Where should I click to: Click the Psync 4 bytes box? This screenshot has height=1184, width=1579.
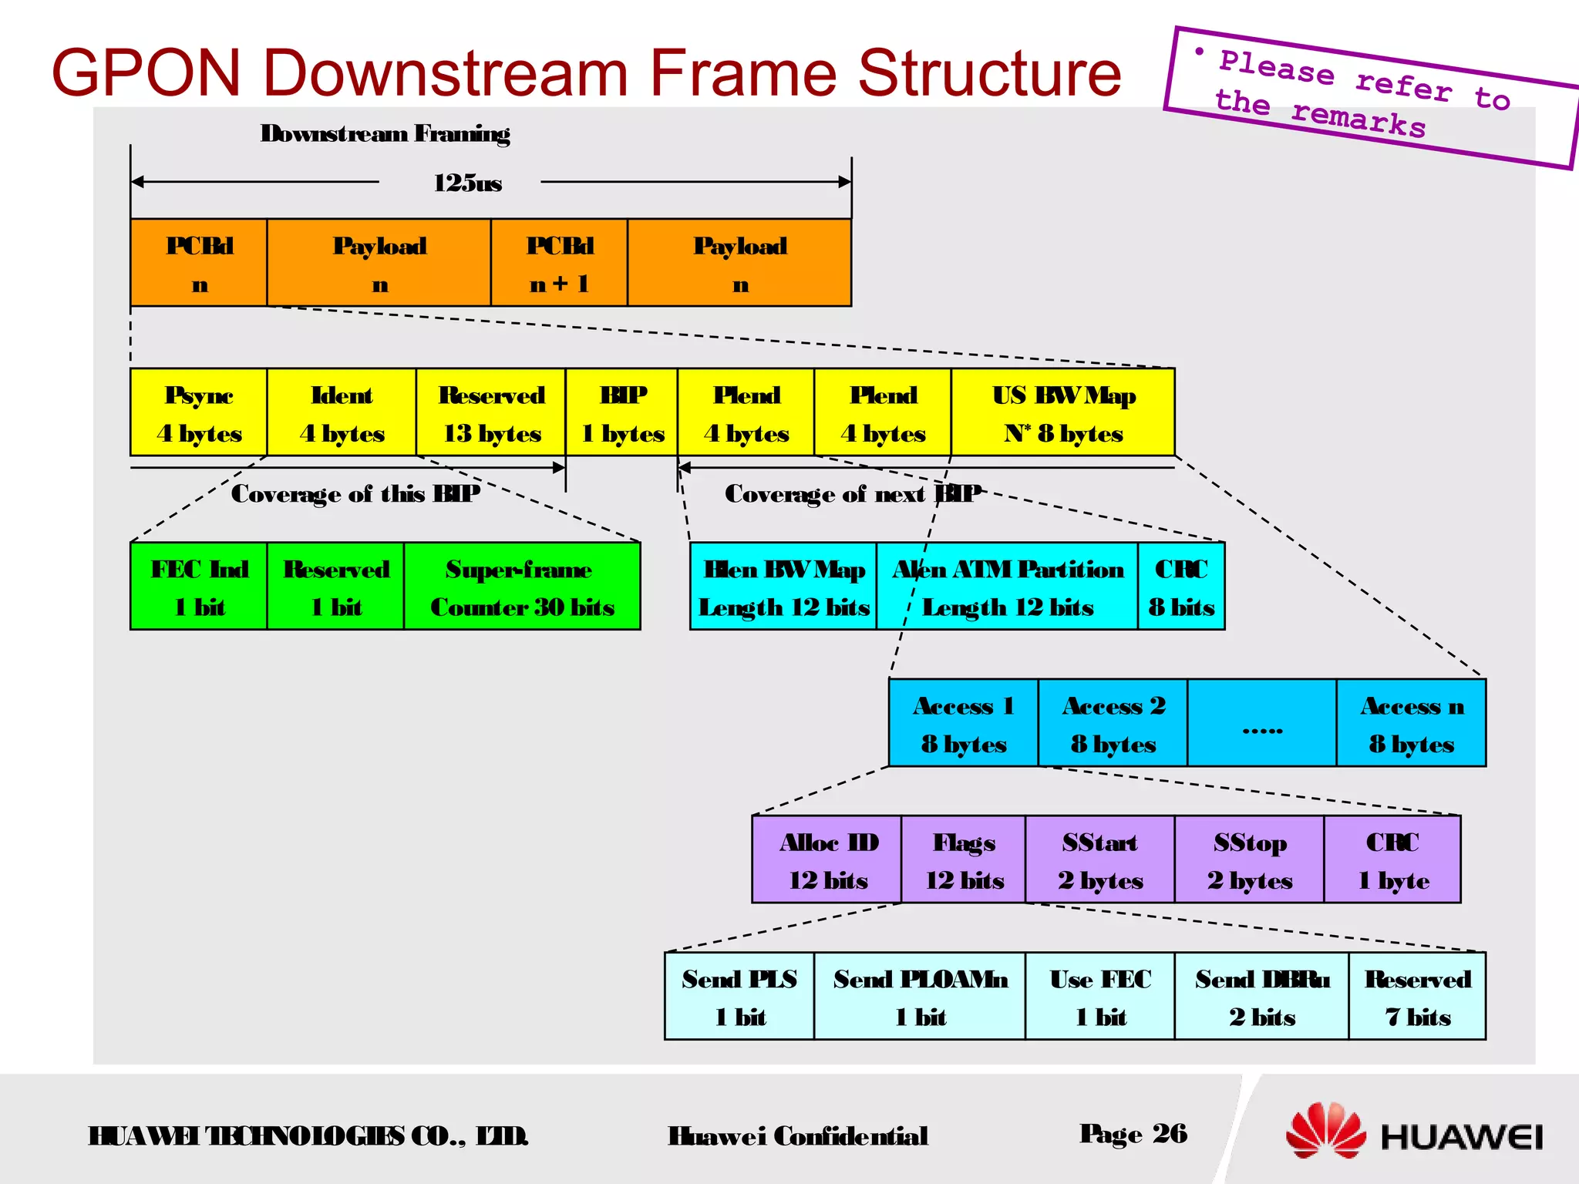(x=199, y=413)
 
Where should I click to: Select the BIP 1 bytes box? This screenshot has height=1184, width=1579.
(x=621, y=413)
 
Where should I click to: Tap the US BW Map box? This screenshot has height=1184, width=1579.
(x=1062, y=413)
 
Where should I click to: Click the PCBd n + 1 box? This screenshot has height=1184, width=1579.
(x=559, y=263)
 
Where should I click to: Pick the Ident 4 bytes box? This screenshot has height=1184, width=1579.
(x=342, y=413)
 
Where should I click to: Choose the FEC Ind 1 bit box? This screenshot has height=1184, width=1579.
(x=199, y=587)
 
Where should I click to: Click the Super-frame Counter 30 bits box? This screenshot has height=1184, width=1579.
(x=522, y=587)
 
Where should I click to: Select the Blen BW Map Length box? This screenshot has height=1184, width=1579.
(x=783, y=587)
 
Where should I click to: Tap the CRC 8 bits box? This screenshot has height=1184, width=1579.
(x=1180, y=587)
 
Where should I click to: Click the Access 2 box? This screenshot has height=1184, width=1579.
(x=1113, y=723)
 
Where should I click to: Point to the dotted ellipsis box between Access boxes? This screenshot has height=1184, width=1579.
(x=1261, y=723)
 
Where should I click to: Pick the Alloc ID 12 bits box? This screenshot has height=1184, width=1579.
(x=827, y=859)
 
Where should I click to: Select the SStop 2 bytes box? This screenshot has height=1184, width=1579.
(x=1249, y=859)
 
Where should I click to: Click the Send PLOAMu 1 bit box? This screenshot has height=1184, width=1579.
(x=919, y=997)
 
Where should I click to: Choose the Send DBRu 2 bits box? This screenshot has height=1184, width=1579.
(x=1261, y=997)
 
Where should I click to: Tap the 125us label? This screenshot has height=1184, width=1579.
(x=467, y=183)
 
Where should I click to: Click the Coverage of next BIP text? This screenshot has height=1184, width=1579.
(x=852, y=493)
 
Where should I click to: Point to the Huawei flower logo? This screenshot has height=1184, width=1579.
(x=1325, y=1130)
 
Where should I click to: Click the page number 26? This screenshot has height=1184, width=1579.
(x=1169, y=1133)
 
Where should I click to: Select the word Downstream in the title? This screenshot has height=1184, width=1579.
(x=446, y=73)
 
